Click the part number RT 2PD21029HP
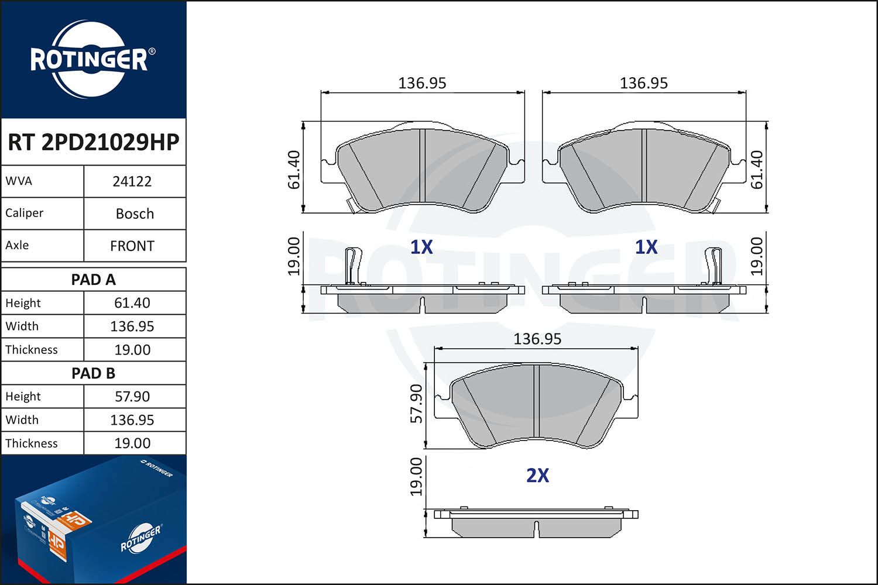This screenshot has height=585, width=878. coord(93,142)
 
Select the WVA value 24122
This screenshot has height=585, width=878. coord(132,181)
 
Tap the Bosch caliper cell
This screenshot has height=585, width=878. coord(135,214)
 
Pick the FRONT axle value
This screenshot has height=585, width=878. coord(132,246)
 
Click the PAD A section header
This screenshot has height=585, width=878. coord(93,280)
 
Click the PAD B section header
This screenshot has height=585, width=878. coord(93,373)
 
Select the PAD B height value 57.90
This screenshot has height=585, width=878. coord(132,397)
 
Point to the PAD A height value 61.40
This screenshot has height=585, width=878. coord(132,303)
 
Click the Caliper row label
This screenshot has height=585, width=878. coord(24,213)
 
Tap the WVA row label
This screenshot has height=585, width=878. coord(18,181)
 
